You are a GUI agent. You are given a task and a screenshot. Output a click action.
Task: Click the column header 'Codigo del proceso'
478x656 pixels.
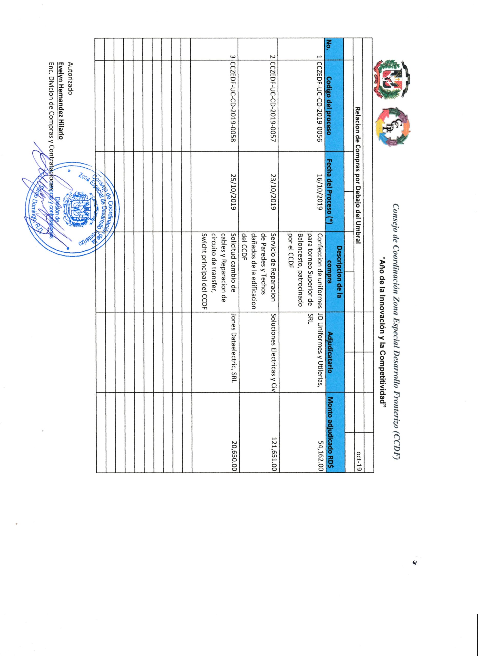coord(329,106)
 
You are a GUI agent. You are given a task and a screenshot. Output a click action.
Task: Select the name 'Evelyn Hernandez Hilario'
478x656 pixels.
coord(61,101)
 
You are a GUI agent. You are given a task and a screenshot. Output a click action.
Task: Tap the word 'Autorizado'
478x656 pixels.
coord(70,79)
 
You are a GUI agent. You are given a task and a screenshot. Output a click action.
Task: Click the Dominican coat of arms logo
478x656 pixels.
coord(392,79)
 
